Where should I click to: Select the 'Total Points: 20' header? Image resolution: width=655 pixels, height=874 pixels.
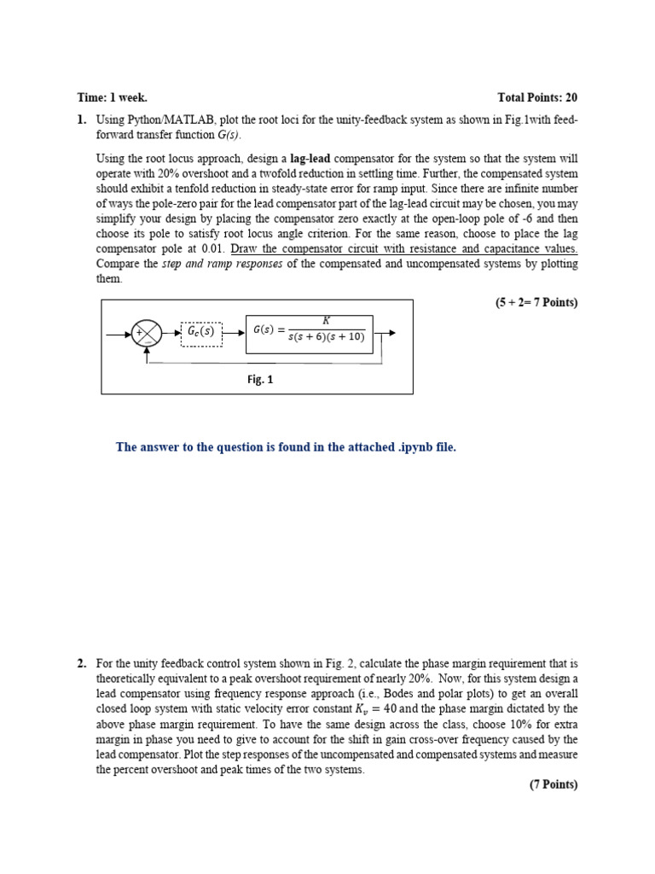point(537,98)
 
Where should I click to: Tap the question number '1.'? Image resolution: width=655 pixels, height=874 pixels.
point(82,120)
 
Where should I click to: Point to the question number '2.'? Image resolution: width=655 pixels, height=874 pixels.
point(82,663)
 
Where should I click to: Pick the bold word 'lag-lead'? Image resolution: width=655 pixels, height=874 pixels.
point(311,158)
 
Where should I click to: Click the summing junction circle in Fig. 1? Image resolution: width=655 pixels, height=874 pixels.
point(147,333)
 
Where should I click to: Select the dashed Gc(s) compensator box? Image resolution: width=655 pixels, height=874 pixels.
point(201,333)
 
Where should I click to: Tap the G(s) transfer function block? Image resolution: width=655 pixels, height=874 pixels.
point(309,332)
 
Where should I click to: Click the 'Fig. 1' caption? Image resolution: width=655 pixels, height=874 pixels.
point(260,380)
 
